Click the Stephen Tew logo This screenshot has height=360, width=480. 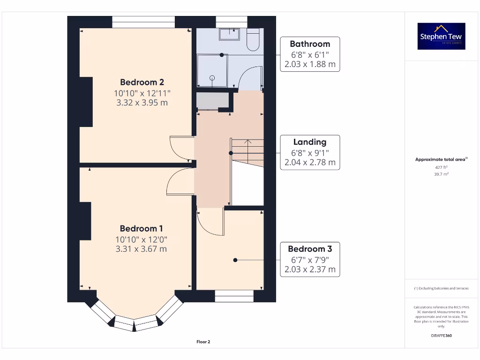(x=441, y=36)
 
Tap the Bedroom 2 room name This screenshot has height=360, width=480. (x=142, y=82)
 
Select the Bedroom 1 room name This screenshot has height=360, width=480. (x=141, y=228)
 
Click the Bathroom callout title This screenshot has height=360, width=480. (x=310, y=44)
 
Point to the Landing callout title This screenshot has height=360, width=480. (x=310, y=142)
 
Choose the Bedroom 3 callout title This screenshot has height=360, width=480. (x=310, y=249)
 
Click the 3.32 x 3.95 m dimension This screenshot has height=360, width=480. (x=142, y=103)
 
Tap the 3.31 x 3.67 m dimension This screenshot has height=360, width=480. (x=141, y=249)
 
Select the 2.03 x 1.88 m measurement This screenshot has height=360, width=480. (x=310, y=65)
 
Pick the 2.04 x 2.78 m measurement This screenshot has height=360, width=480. (x=310, y=163)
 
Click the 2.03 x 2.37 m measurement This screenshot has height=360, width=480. (x=310, y=270)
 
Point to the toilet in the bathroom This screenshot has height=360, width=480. (x=253, y=39)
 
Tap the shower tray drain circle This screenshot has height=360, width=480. (x=212, y=78)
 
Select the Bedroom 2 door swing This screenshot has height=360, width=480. (x=180, y=149)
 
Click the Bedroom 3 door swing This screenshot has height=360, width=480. (x=209, y=222)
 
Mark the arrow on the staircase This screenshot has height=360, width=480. (x=247, y=142)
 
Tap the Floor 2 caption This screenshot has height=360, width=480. (x=203, y=342)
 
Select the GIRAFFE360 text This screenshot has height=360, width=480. (x=441, y=336)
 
